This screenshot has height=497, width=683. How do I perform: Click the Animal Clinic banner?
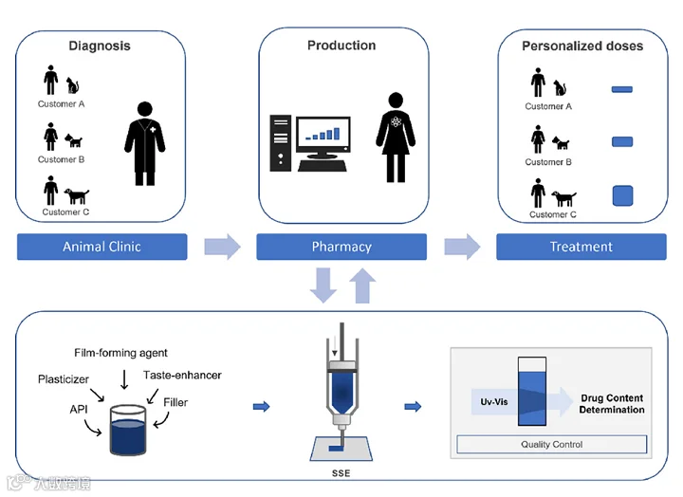point(102,247)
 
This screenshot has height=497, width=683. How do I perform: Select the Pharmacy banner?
point(342,247)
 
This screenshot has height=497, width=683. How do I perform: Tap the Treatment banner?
point(581,247)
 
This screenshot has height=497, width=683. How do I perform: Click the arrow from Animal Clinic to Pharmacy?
point(222,247)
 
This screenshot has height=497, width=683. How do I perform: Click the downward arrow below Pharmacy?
point(323,285)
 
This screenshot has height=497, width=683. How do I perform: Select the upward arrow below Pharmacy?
point(361,285)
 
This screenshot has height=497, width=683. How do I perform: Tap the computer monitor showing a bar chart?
point(323,140)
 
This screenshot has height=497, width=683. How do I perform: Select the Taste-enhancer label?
point(182,376)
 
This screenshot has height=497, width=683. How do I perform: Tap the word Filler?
point(175,402)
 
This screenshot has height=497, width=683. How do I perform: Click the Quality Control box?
point(552,444)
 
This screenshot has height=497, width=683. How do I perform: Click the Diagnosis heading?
point(99,46)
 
